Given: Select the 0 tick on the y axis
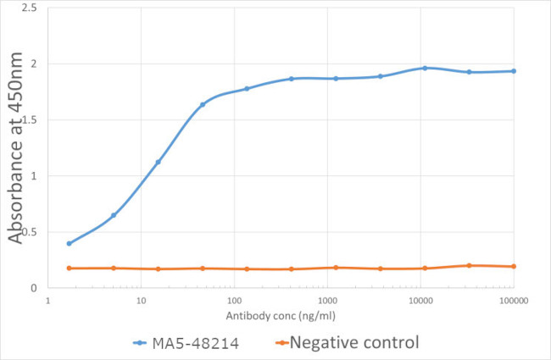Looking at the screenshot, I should point(34,288).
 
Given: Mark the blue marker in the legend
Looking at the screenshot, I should point(142,343).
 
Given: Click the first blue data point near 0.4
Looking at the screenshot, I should point(69,243).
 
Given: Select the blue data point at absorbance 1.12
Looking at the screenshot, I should point(158,162).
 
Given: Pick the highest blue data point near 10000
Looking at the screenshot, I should point(425,68).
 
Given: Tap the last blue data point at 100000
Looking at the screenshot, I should point(514,71).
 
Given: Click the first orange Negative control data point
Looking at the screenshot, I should point(69,269).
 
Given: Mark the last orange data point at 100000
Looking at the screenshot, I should point(514,267).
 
